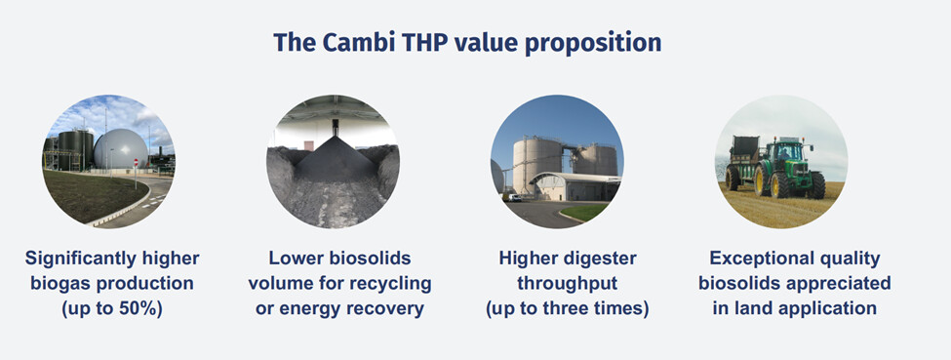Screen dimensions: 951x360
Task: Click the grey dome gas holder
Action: tap(120, 148)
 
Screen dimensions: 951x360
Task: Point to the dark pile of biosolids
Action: tap(335, 159)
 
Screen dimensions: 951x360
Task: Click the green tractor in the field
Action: tap(788, 168)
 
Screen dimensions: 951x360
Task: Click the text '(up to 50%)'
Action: tap(112, 308)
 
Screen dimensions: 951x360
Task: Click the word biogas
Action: tap(61, 283)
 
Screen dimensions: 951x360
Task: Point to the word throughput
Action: tap(567, 284)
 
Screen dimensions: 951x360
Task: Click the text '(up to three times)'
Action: tap(567, 308)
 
